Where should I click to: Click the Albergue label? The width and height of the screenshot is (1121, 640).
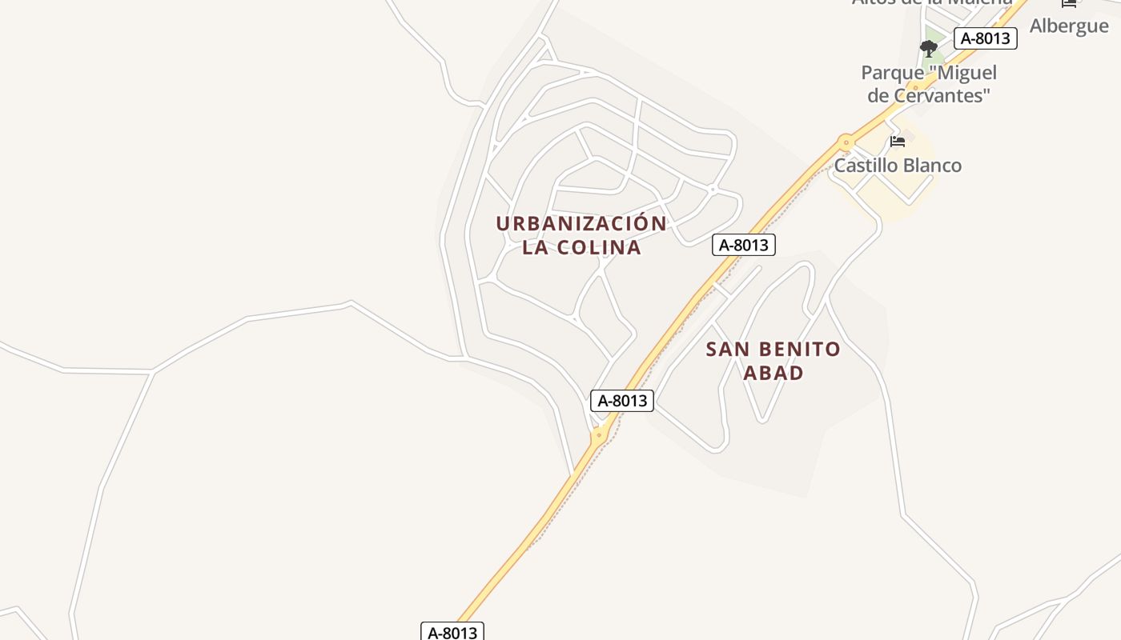pyautogui.click(x=1068, y=26)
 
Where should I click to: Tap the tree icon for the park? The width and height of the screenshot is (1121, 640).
pyautogui.click(x=929, y=49)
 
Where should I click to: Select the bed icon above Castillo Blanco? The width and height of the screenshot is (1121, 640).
pyautogui.click(x=898, y=142)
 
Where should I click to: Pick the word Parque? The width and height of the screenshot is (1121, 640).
pyautogui.click(x=892, y=73)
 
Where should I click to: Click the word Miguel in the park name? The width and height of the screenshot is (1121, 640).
pyautogui.click(x=966, y=73)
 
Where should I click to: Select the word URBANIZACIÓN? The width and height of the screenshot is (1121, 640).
pyautogui.click(x=581, y=223)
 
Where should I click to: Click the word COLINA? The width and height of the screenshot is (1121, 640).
pyautogui.click(x=599, y=247)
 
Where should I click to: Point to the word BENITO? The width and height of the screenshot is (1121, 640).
pyautogui.click(x=796, y=349)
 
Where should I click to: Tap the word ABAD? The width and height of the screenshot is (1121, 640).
pyautogui.click(x=773, y=373)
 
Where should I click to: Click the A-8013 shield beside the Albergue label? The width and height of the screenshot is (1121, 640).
pyautogui.click(x=985, y=38)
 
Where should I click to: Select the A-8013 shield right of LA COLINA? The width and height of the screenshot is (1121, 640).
pyautogui.click(x=744, y=245)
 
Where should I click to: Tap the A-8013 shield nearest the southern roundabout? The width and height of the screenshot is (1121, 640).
pyautogui.click(x=622, y=401)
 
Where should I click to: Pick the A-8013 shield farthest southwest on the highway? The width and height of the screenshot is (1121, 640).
pyautogui.click(x=452, y=632)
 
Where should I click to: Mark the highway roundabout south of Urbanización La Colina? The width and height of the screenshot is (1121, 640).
pyautogui.click(x=598, y=436)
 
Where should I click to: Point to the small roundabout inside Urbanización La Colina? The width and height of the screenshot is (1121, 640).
pyautogui.click(x=712, y=190)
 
